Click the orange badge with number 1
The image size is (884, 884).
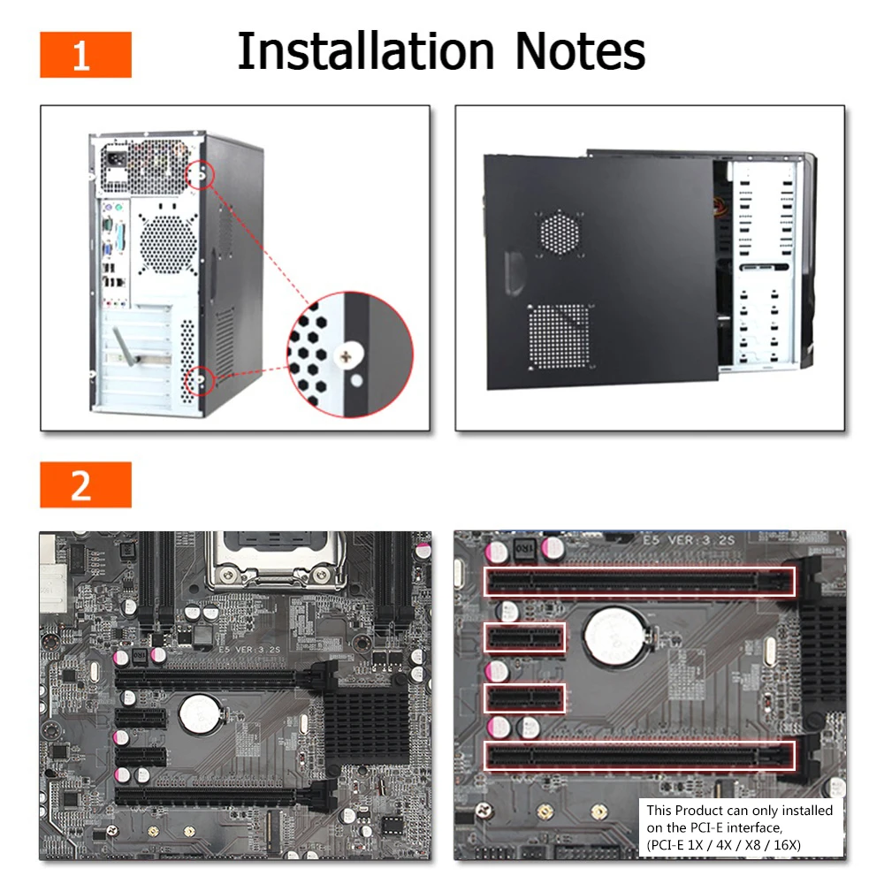click(x=86, y=55)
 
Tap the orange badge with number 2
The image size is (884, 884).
click(x=86, y=484)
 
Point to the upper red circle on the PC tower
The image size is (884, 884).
click(x=200, y=175)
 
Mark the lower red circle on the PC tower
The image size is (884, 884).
click(x=200, y=380)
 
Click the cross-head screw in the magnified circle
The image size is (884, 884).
click(x=347, y=356)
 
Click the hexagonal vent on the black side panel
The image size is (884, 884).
click(x=560, y=232)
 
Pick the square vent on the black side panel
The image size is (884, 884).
click(x=559, y=337)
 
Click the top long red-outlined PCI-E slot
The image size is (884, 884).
click(x=639, y=582)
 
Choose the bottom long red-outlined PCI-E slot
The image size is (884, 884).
click(x=639, y=756)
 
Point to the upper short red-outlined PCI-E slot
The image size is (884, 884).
click(x=524, y=637)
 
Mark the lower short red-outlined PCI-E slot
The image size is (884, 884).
click(x=524, y=699)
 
